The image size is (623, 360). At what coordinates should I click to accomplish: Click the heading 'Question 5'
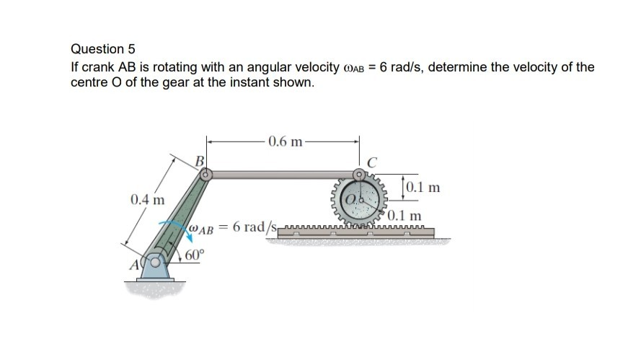[102, 49]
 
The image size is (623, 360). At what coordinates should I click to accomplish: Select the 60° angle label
[195, 255]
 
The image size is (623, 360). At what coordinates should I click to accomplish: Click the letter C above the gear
[372, 162]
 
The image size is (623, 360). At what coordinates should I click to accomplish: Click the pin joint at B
[206, 174]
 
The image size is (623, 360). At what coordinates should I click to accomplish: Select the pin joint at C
[360, 175]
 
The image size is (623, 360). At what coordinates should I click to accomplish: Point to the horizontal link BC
[281, 174]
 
